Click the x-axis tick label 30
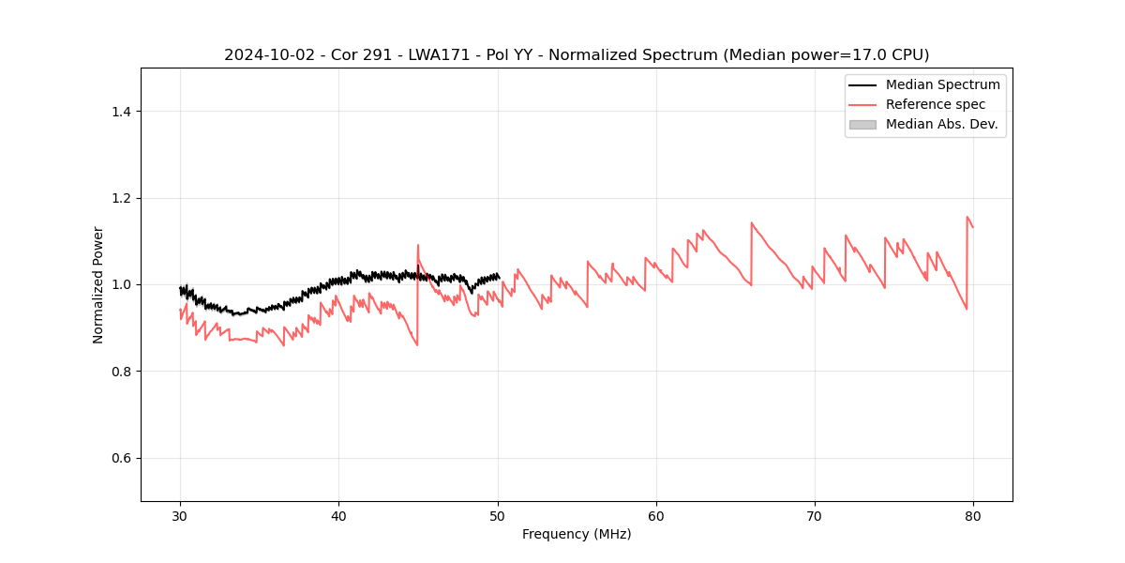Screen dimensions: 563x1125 [180, 516]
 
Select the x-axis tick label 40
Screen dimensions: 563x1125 [338, 516]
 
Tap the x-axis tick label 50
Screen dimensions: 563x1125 [497, 516]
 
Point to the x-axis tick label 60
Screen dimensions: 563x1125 [655, 516]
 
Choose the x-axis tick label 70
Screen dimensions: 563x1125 [814, 516]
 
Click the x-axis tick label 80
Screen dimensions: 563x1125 [972, 516]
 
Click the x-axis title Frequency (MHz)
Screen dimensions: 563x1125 [577, 534]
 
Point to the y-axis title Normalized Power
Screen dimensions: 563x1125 [98, 284]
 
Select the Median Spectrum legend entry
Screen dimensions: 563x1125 [942, 84]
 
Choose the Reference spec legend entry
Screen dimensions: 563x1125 [935, 104]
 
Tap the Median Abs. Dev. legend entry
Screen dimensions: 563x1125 [941, 124]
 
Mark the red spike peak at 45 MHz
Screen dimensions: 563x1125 [418, 245]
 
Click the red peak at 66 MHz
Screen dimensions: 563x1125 [752, 223]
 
